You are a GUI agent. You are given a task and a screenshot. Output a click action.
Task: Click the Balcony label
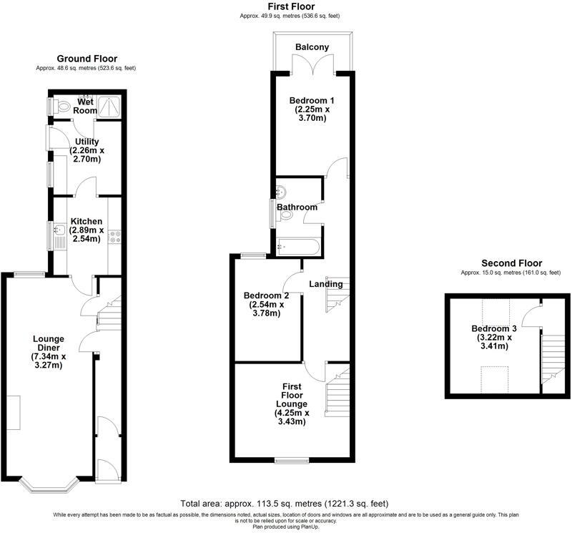coord(312,47)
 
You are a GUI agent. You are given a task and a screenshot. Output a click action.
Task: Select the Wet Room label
coord(84,107)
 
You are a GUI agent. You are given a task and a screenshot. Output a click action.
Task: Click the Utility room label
coord(86,150)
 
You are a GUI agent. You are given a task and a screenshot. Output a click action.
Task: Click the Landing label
coord(325,284)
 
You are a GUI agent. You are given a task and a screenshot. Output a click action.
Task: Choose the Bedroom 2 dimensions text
coord(266,308)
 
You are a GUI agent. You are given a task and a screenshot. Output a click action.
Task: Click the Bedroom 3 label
coord(490,329)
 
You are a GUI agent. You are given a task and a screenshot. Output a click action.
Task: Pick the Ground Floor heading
coord(87,59)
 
